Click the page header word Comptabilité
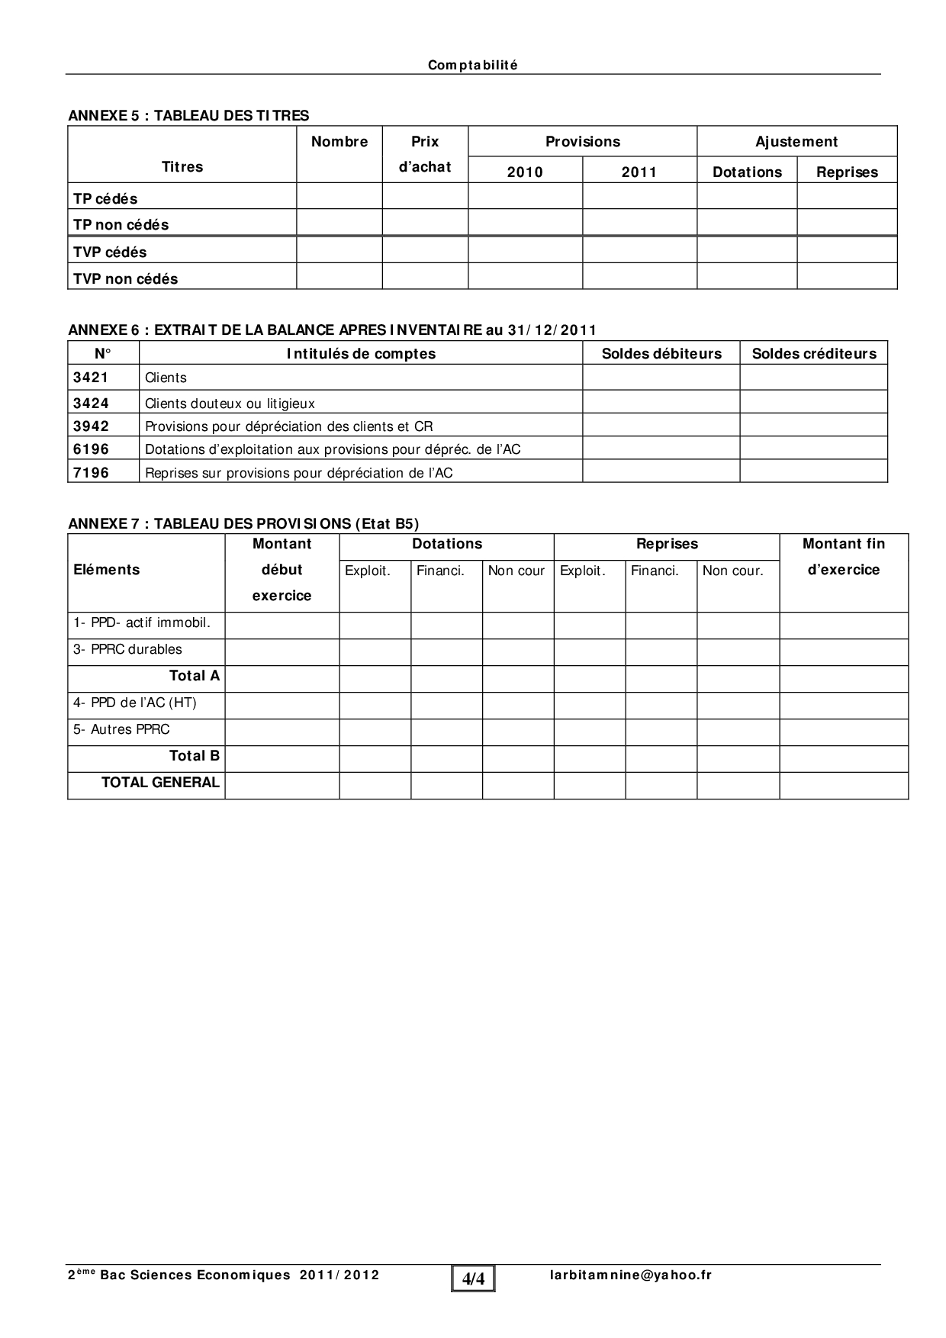[472, 66]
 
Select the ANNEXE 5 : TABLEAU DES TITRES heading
[188, 115]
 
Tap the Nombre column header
[339, 141]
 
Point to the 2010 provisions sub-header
[525, 172]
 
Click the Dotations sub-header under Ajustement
[747, 172]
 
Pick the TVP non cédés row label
[125, 278]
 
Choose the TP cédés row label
[105, 198]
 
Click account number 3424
[91, 403]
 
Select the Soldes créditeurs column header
[814, 353]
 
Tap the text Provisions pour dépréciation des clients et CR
[288, 426]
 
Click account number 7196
[91, 472]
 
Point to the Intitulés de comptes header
[361, 353]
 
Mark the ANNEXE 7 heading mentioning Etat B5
[243, 523]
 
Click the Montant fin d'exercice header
[844, 557]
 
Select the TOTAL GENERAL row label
[160, 782]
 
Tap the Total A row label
[194, 675]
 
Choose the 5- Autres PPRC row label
[121, 729]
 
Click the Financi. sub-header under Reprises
[655, 570]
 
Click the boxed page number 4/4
[473, 1278]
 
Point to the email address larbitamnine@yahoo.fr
[630, 1275]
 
